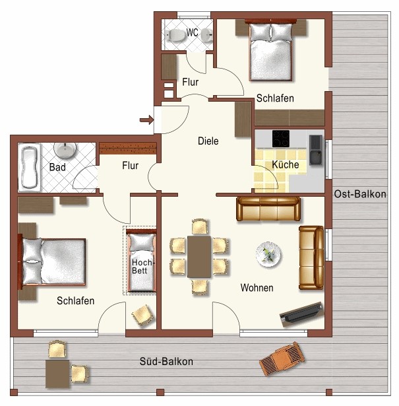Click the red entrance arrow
(x=146, y=119)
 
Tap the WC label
(x=192, y=32)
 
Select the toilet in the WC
(x=175, y=35)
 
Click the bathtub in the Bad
(x=29, y=167)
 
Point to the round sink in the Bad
(x=65, y=150)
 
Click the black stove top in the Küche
(x=280, y=139)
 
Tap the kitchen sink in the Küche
(x=316, y=150)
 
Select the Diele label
(x=208, y=141)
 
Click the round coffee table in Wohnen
(x=268, y=254)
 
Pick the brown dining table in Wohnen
(x=199, y=257)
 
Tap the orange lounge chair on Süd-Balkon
(x=282, y=358)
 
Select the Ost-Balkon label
(x=360, y=194)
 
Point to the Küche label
(x=286, y=164)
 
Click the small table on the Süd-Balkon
(x=57, y=374)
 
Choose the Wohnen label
(x=257, y=288)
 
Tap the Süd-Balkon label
(x=166, y=361)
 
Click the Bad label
(x=57, y=167)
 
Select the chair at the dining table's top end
(x=200, y=227)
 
